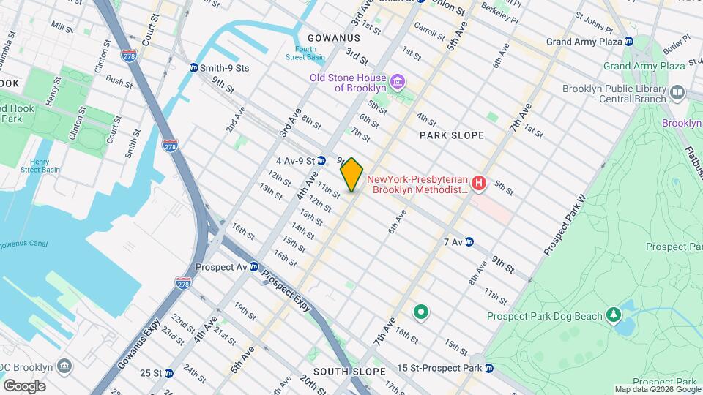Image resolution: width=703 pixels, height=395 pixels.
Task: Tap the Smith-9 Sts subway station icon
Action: [193, 68]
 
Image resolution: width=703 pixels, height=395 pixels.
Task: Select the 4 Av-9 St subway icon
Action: [321, 160]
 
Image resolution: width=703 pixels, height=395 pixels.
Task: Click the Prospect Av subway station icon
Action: [254, 267]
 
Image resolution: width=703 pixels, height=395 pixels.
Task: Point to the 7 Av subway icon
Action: [469, 241]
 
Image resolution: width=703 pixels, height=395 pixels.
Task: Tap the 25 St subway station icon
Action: [169, 373]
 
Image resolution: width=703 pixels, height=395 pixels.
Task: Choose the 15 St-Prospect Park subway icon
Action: [489, 367]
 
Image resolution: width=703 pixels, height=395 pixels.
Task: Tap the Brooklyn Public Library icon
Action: [677, 92]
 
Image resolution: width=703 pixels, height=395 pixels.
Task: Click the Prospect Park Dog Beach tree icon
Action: [613, 315]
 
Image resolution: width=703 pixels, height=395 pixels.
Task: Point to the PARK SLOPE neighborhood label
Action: [451, 135]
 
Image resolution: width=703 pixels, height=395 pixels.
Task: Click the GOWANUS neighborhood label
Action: [333, 37]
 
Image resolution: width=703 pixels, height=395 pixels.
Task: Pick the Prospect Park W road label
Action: [567, 225]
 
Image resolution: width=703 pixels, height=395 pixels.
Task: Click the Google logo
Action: [24, 386]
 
